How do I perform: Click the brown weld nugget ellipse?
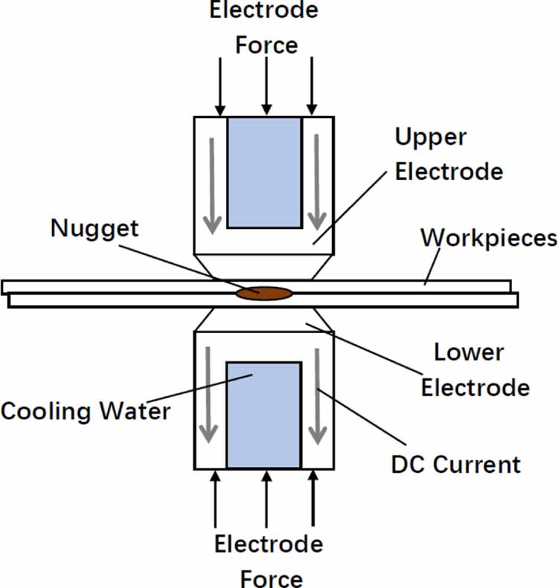click(263, 294)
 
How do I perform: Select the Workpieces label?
click(489, 238)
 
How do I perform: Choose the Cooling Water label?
click(86, 411)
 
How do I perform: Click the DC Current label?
click(455, 465)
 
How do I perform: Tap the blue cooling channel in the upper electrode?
click(264, 172)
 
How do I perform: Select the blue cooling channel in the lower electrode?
click(263, 416)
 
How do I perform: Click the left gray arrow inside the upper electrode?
click(212, 183)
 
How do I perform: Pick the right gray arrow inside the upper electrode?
click(318, 183)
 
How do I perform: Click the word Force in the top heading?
click(266, 45)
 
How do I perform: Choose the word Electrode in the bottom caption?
click(269, 544)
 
